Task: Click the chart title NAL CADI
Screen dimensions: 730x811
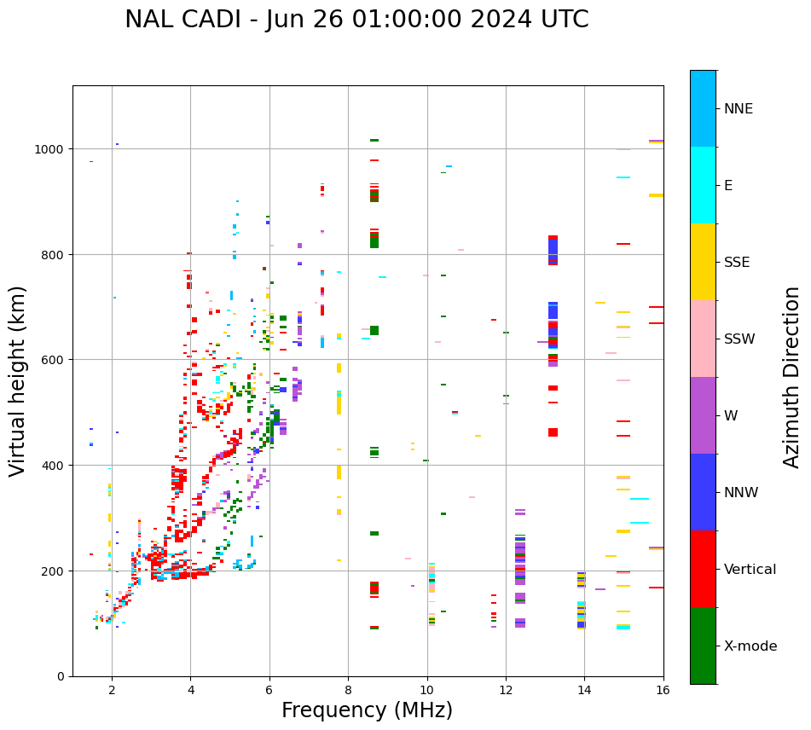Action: (356, 20)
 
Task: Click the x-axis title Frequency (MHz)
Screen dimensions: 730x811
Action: (367, 710)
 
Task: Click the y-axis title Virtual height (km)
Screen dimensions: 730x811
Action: (18, 380)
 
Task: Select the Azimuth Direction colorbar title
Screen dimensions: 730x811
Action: (792, 377)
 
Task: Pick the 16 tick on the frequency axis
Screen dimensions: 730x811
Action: (663, 690)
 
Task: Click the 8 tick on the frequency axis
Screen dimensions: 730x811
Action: (348, 690)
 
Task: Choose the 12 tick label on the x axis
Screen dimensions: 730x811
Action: (506, 690)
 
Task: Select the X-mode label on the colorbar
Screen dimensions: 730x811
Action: (750, 646)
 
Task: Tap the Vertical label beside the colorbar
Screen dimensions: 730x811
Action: (750, 570)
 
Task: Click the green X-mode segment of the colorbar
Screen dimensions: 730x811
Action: (703, 646)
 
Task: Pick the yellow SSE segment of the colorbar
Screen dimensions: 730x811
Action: (703, 262)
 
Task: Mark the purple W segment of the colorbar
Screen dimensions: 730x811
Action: (703, 415)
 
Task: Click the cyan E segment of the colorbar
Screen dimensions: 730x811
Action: (703, 185)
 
